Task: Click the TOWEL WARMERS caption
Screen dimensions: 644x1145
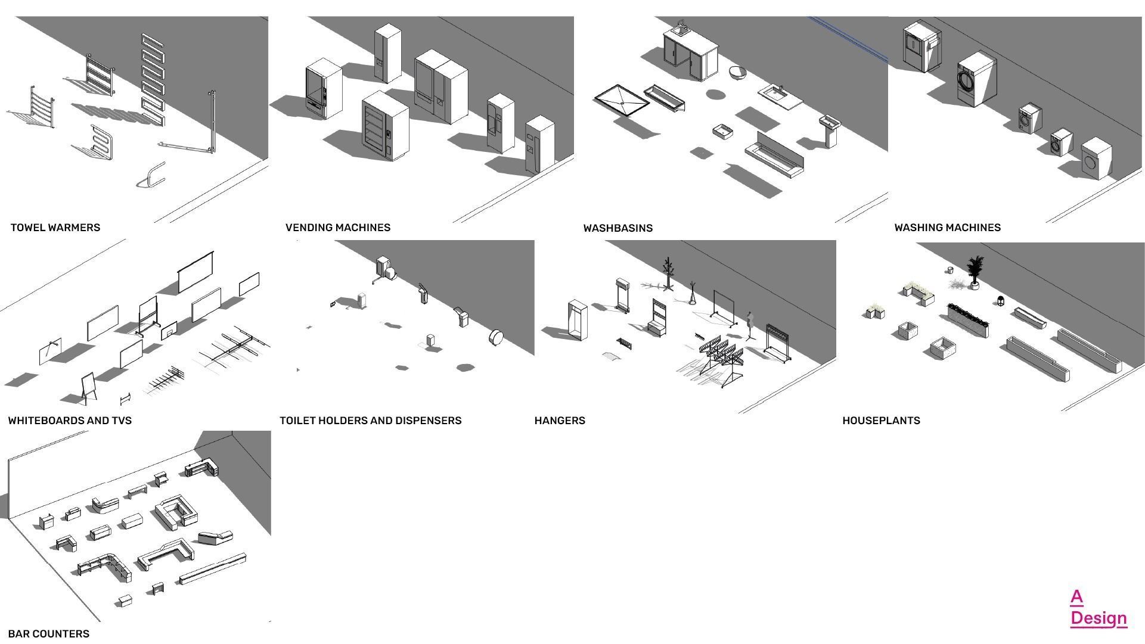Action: (x=55, y=228)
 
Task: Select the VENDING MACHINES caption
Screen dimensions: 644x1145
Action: (x=338, y=228)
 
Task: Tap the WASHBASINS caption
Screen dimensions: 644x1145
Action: (x=618, y=228)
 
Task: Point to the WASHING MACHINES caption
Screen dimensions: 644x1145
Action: (x=947, y=228)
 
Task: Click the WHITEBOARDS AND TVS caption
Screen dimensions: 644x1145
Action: (x=70, y=421)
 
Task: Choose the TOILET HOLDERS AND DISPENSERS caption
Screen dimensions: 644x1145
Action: (x=370, y=421)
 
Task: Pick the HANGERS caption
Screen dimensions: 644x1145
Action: (x=560, y=421)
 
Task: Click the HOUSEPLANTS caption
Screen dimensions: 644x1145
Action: (x=881, y=421)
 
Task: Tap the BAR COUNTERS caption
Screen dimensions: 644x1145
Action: (x=49, y=634)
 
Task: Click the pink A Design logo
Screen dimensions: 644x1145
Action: (x=1097, y=608)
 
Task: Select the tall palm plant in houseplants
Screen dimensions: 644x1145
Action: (x=975, y=272)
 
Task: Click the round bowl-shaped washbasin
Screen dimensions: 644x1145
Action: (x=738, y=73)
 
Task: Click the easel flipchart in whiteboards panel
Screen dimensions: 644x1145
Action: (x=88, y=386)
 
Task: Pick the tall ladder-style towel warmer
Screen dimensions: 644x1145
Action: (x=153, y=79)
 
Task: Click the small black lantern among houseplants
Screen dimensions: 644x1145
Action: (x=1000, y=301)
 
